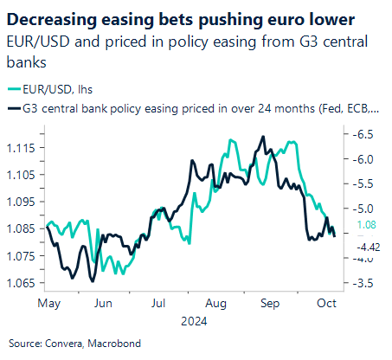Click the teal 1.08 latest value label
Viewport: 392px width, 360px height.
(x=364, y=224)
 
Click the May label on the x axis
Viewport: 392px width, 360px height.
(x=48, y=304)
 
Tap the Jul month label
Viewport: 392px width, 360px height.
(x=157, y=304)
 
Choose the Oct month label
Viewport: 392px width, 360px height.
(x=326, y=304)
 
